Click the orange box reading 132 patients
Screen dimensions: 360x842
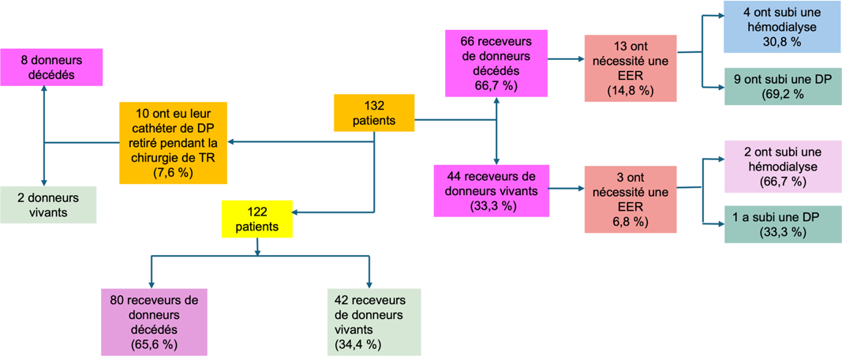click(373, 113)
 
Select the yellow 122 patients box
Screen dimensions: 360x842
click(257, 219)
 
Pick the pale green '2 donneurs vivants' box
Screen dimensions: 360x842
click(48, 204)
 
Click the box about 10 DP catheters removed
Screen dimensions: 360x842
click(174, 142)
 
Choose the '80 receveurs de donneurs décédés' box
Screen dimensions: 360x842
click(154, 321)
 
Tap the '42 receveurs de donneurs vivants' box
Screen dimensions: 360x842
click(374, 321)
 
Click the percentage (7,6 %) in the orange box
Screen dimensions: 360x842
click(173, 173)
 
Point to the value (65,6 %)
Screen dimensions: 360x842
click(152, 345)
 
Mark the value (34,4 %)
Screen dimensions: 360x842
click(358, 345)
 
